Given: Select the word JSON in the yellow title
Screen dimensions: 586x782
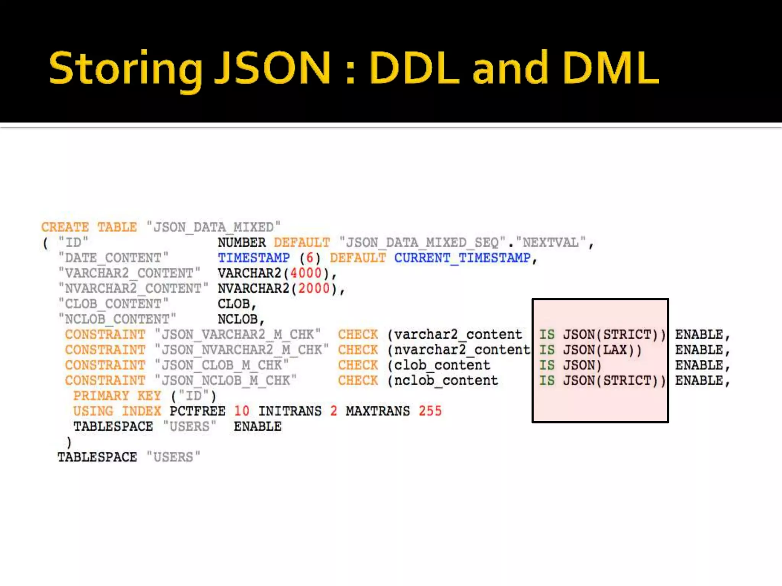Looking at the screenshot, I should click(272, 68).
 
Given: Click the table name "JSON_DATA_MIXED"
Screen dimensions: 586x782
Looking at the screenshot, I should click(213, 227).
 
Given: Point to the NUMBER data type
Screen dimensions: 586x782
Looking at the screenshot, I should click(241, 243).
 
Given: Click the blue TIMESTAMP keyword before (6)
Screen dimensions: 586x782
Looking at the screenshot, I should click(254, 258).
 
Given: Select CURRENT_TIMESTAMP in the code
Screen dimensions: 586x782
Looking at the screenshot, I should click(462, 258).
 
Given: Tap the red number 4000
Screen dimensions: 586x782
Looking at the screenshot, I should click(305, 273).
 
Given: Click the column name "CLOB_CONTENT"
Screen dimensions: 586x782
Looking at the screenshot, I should click(113, 304).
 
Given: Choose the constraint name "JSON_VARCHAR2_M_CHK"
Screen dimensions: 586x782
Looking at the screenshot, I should click(238, 335).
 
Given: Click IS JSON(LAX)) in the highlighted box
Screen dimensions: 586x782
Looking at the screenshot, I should click(590, 350).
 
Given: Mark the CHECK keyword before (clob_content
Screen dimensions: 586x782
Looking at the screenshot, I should click(358, 365).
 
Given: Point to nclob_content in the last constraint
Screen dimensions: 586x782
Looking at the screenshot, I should click(446, 380).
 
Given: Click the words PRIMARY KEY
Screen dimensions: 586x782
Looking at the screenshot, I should click(117, 396).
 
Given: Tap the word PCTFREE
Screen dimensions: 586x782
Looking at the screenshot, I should click(197, 411).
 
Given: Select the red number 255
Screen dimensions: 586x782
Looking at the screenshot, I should click(430, 411).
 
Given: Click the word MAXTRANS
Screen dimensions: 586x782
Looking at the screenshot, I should click(378, 411).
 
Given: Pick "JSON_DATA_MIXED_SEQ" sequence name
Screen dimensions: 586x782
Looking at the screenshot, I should click(422, 243).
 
